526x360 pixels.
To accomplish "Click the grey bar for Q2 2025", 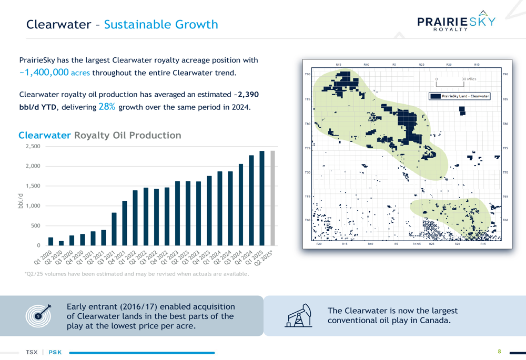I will click(272, 198).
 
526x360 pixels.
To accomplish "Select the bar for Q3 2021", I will click(114, 229).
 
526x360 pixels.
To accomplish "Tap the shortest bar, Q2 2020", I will click(61, 243).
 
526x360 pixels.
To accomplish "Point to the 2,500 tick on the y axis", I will click(33, 146).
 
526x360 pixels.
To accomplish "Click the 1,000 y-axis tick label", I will click(33, 205).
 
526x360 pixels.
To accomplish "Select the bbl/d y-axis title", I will click(21, 200).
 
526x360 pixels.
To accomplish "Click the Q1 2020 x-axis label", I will click(44, 258).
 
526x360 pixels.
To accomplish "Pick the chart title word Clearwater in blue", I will click(45, 135).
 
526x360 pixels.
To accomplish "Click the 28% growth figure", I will click(107, 107).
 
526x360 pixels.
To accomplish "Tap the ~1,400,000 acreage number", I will click(44, 73).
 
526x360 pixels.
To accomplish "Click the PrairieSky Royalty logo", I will click(456, 22).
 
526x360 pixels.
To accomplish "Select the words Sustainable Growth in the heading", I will click(161, 24).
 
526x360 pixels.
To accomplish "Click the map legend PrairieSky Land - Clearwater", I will click(460, 96).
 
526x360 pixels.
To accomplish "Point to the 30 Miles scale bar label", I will click(469, 79).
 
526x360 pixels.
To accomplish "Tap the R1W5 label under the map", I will click(417, 244).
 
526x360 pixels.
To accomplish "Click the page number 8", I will click(499, 352).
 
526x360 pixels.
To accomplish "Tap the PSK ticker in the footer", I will click(55, 352).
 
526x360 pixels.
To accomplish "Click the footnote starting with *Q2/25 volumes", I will click(137, 274).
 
